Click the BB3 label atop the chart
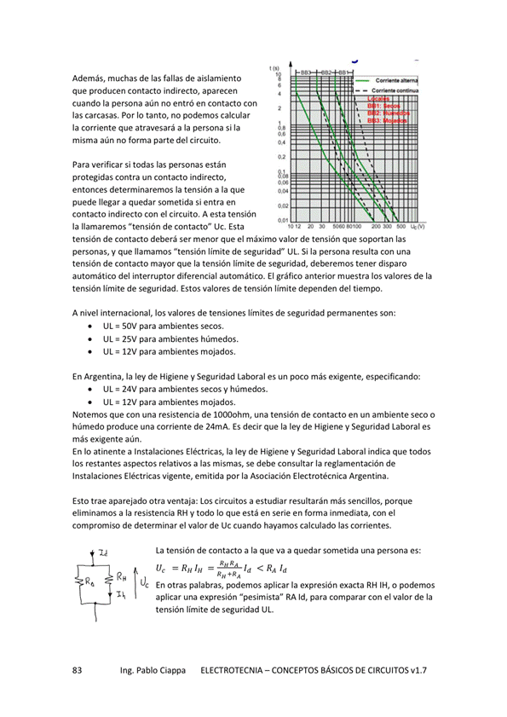305,72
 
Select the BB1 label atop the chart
343,72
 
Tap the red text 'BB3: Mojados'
389,120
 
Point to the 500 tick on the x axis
400,228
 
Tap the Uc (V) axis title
418,228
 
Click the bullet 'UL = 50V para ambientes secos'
152,327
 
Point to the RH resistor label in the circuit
121,576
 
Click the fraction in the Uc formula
228,569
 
